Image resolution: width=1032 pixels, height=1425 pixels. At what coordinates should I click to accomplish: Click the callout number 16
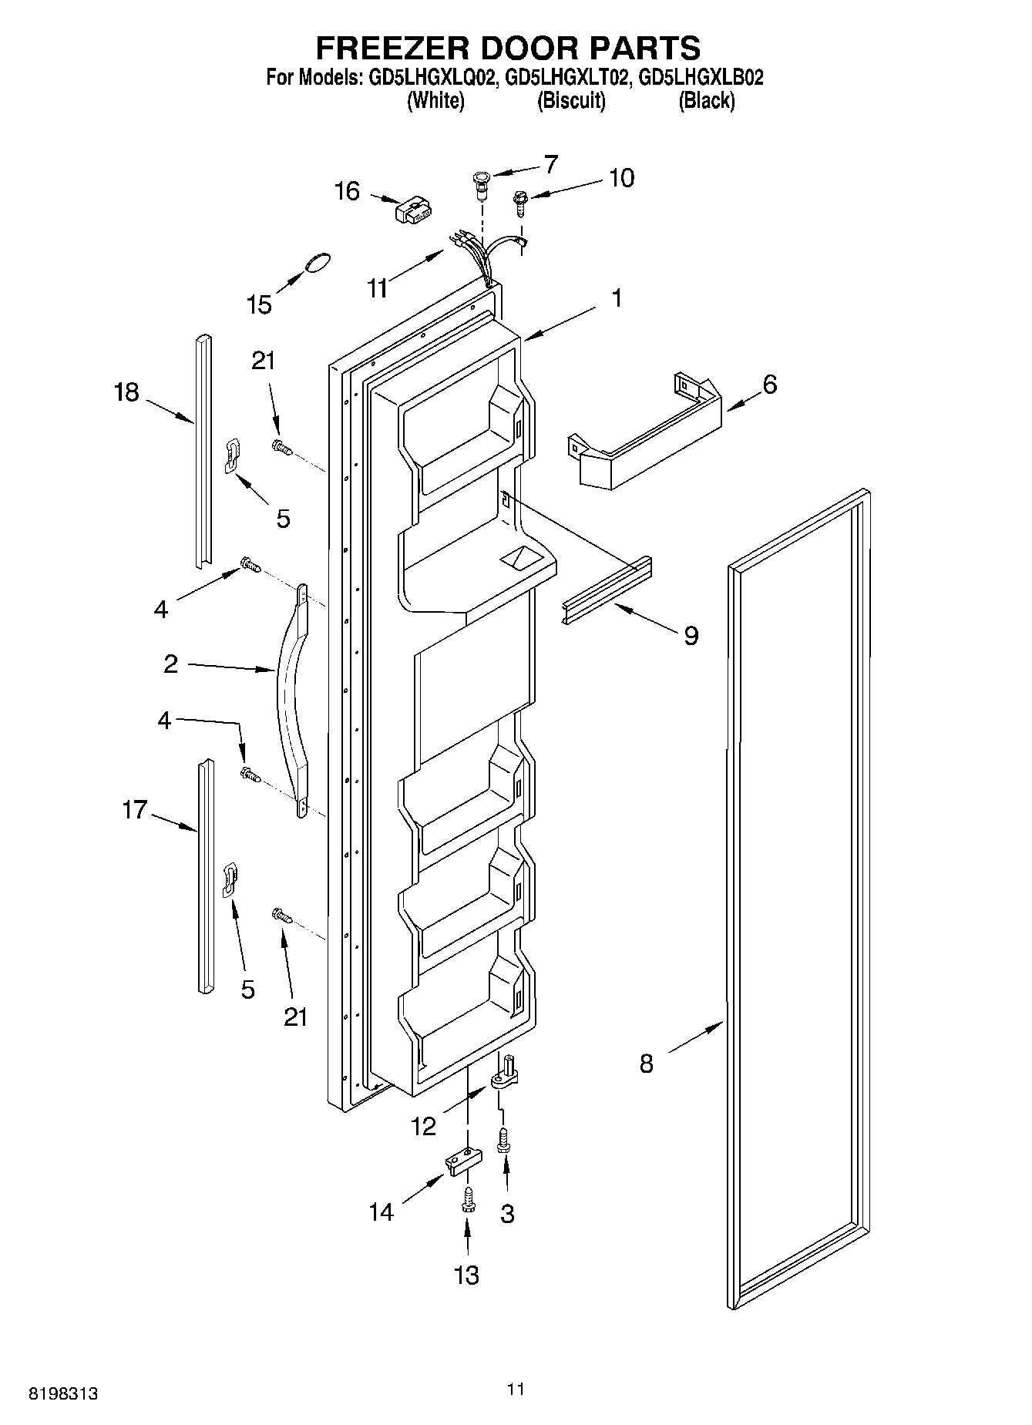348,190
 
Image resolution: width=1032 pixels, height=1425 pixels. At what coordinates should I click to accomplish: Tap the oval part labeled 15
318,262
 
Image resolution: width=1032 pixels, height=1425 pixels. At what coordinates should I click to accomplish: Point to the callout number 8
646,1064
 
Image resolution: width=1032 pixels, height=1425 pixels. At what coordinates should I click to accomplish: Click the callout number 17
134,809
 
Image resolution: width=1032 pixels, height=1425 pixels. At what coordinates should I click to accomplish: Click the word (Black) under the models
706,100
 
